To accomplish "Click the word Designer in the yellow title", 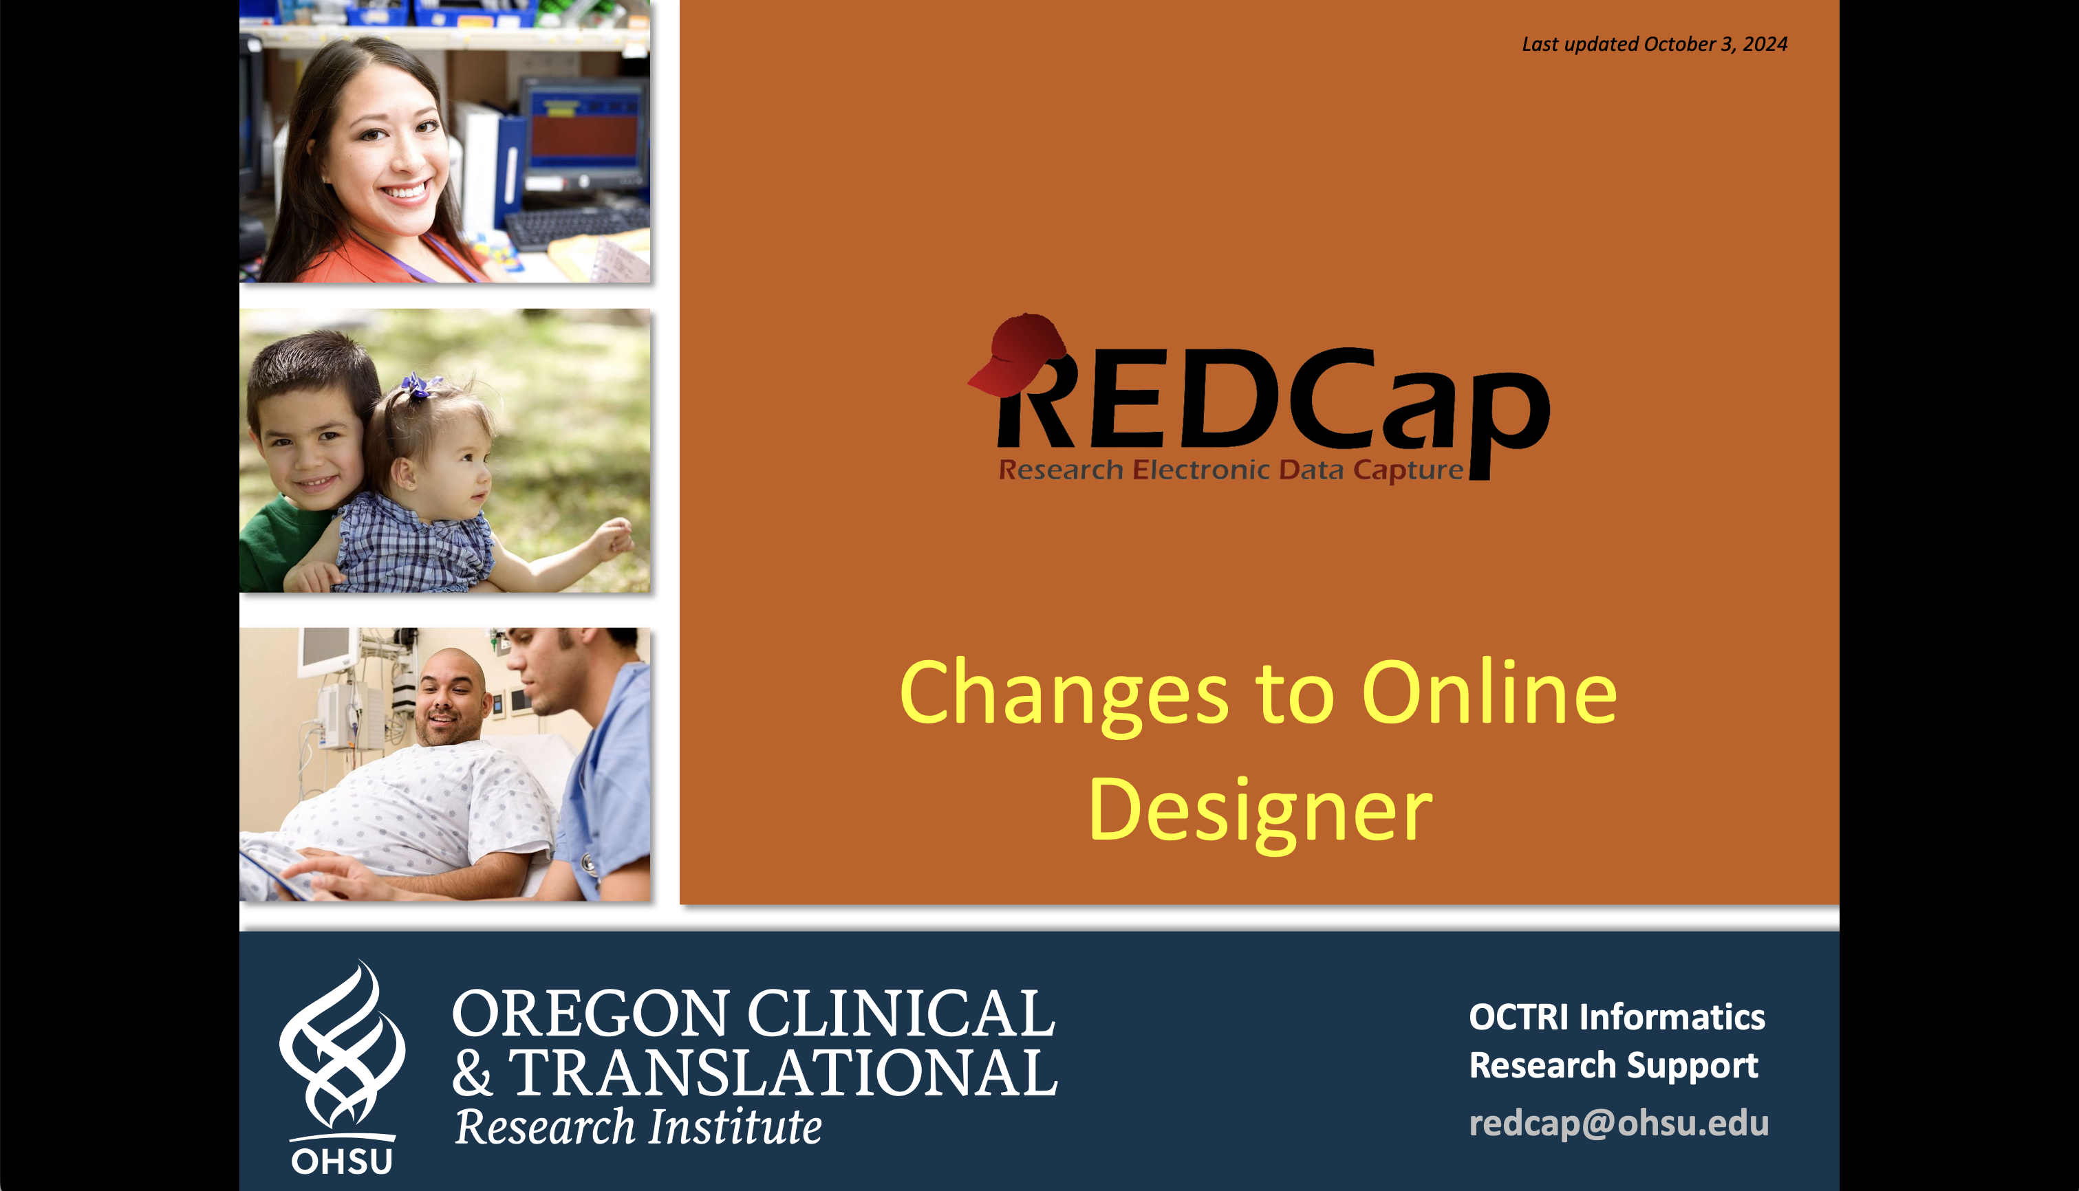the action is click(x=1260, y=811).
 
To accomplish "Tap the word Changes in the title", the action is click(x=1064, y=694).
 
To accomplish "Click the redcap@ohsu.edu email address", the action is click(x=1618, y=1123).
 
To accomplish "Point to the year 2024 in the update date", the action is click(x=1765, y=44).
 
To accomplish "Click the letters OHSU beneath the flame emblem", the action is click(x=342, y=1161).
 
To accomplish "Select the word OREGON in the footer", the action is click(x=590, y=1014).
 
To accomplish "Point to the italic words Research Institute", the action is click(x=638, y=1127).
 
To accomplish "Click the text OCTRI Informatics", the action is click(x=1617, y=1017).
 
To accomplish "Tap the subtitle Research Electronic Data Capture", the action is click(x=1231, y=470).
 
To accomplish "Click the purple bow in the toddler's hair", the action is click(x=419, y=384).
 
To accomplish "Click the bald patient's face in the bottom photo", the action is click(x=449, y=699).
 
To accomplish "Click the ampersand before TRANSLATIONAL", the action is click(x=473, y=1073).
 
